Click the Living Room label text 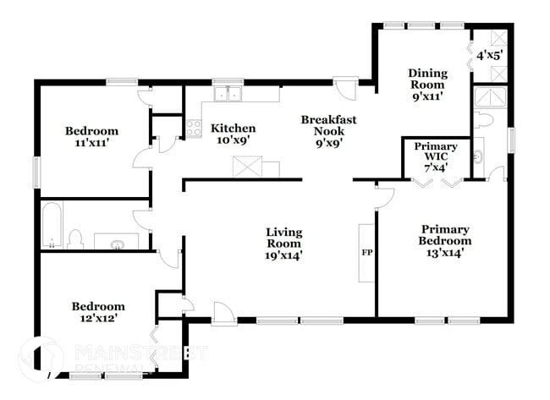click(x=283, y=243)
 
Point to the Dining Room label click(x=427, y=85)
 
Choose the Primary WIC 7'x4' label click(x=436, y=156)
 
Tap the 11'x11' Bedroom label click(x=91, y=137)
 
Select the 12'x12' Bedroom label click(x=98, y=312)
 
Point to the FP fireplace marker click(x=367, y=252)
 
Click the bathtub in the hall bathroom click(x=52, y=226)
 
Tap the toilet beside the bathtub click(x=74, y=239)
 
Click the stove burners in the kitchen click(x=193, y=129)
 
